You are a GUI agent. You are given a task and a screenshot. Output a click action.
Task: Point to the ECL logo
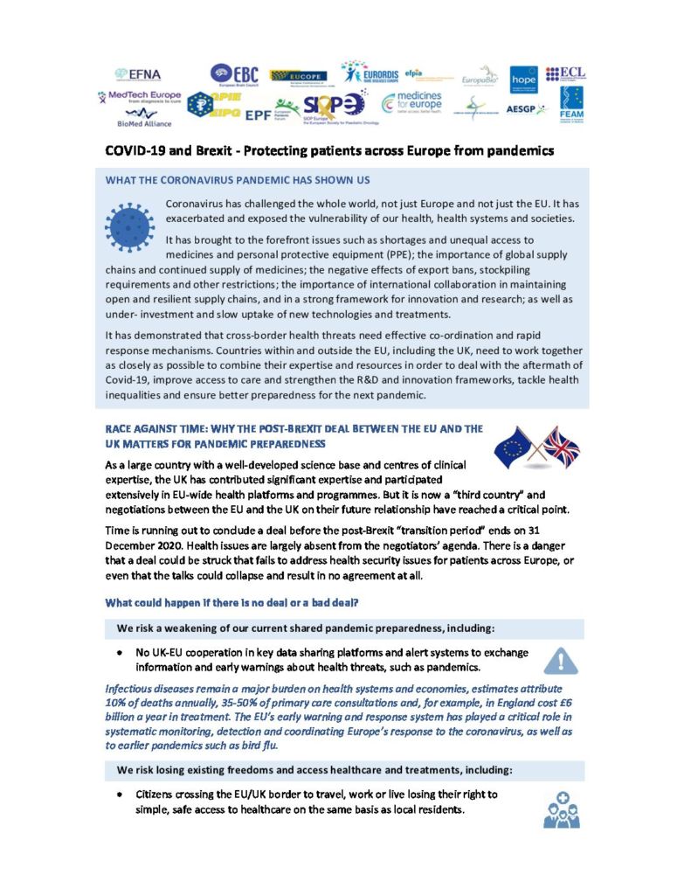565,73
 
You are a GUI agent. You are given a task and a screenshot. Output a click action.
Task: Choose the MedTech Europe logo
141,95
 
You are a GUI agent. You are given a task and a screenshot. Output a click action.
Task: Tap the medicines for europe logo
412,102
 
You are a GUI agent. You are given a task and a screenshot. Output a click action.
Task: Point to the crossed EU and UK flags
537,447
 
